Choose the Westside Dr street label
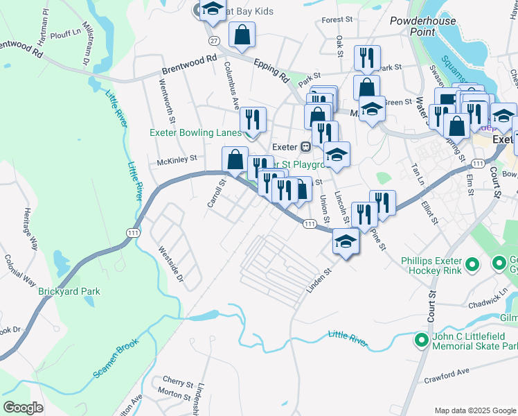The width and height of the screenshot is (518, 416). click(170, 264)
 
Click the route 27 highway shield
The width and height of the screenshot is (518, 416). click(215, 41)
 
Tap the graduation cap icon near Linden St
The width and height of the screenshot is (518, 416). click(346, 242)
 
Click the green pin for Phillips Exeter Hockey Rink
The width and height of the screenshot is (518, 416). click(473, 263)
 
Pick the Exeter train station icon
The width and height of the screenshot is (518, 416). click(305, 147)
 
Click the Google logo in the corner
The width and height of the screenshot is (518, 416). click(23, 407)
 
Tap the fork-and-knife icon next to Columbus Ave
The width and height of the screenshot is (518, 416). click(253, 119)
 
